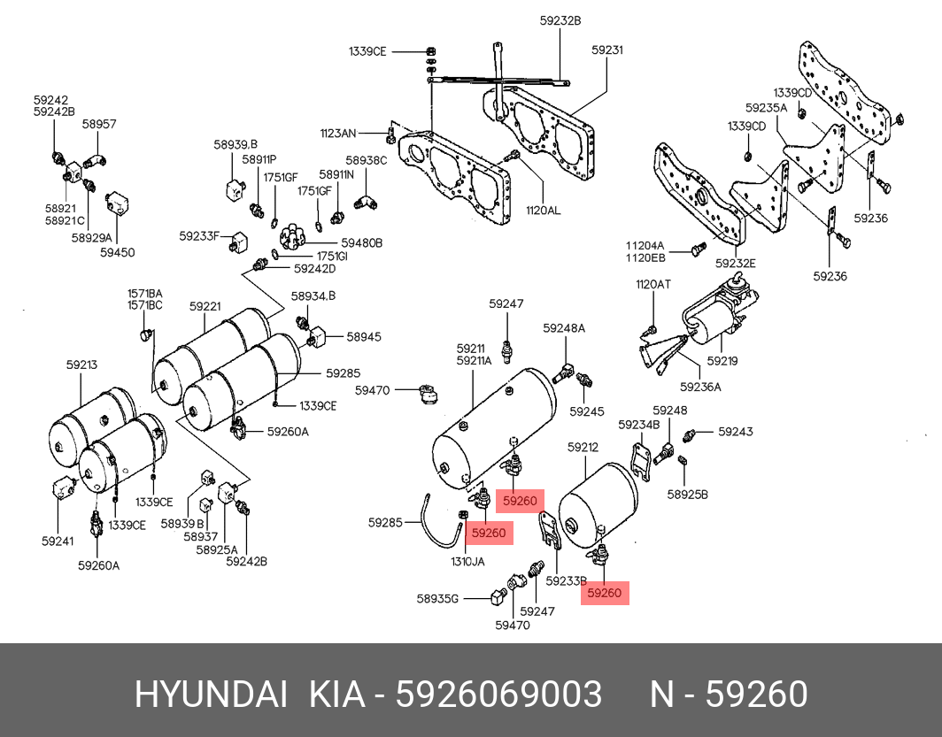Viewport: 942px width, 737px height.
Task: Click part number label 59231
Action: [x=607, y=50]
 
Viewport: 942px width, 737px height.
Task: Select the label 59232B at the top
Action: [x=560, y=19]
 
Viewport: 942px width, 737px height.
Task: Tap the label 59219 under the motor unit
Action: [x=722, y=361]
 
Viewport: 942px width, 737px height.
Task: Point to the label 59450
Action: [x=117, y=252]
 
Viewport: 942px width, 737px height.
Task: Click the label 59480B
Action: [x=361, y=242]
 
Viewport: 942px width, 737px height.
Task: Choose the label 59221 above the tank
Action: [x=205, y=306]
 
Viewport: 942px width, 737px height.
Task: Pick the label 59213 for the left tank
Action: [x=81, y=365]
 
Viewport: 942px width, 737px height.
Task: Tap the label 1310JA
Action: [x=467, y=561]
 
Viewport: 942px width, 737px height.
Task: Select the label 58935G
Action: [x=437, y=599]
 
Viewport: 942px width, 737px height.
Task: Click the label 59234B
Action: [x=639, y=425]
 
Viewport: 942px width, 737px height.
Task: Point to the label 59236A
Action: [x=700, y=386]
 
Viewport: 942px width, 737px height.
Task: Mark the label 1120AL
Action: [x=543, y=211]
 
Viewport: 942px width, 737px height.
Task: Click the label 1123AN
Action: [x=338, y=134]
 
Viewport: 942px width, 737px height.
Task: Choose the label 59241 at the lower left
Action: [x=57, y=540]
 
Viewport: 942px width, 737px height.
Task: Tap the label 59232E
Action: [x=736, y=263]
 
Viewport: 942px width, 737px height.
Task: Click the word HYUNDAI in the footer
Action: [x=211, y=695]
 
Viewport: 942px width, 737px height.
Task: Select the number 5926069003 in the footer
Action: [x=498, y=695]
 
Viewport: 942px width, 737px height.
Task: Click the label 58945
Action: [x=363, y=337]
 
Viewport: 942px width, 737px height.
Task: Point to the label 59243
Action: [x=736, y=432]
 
